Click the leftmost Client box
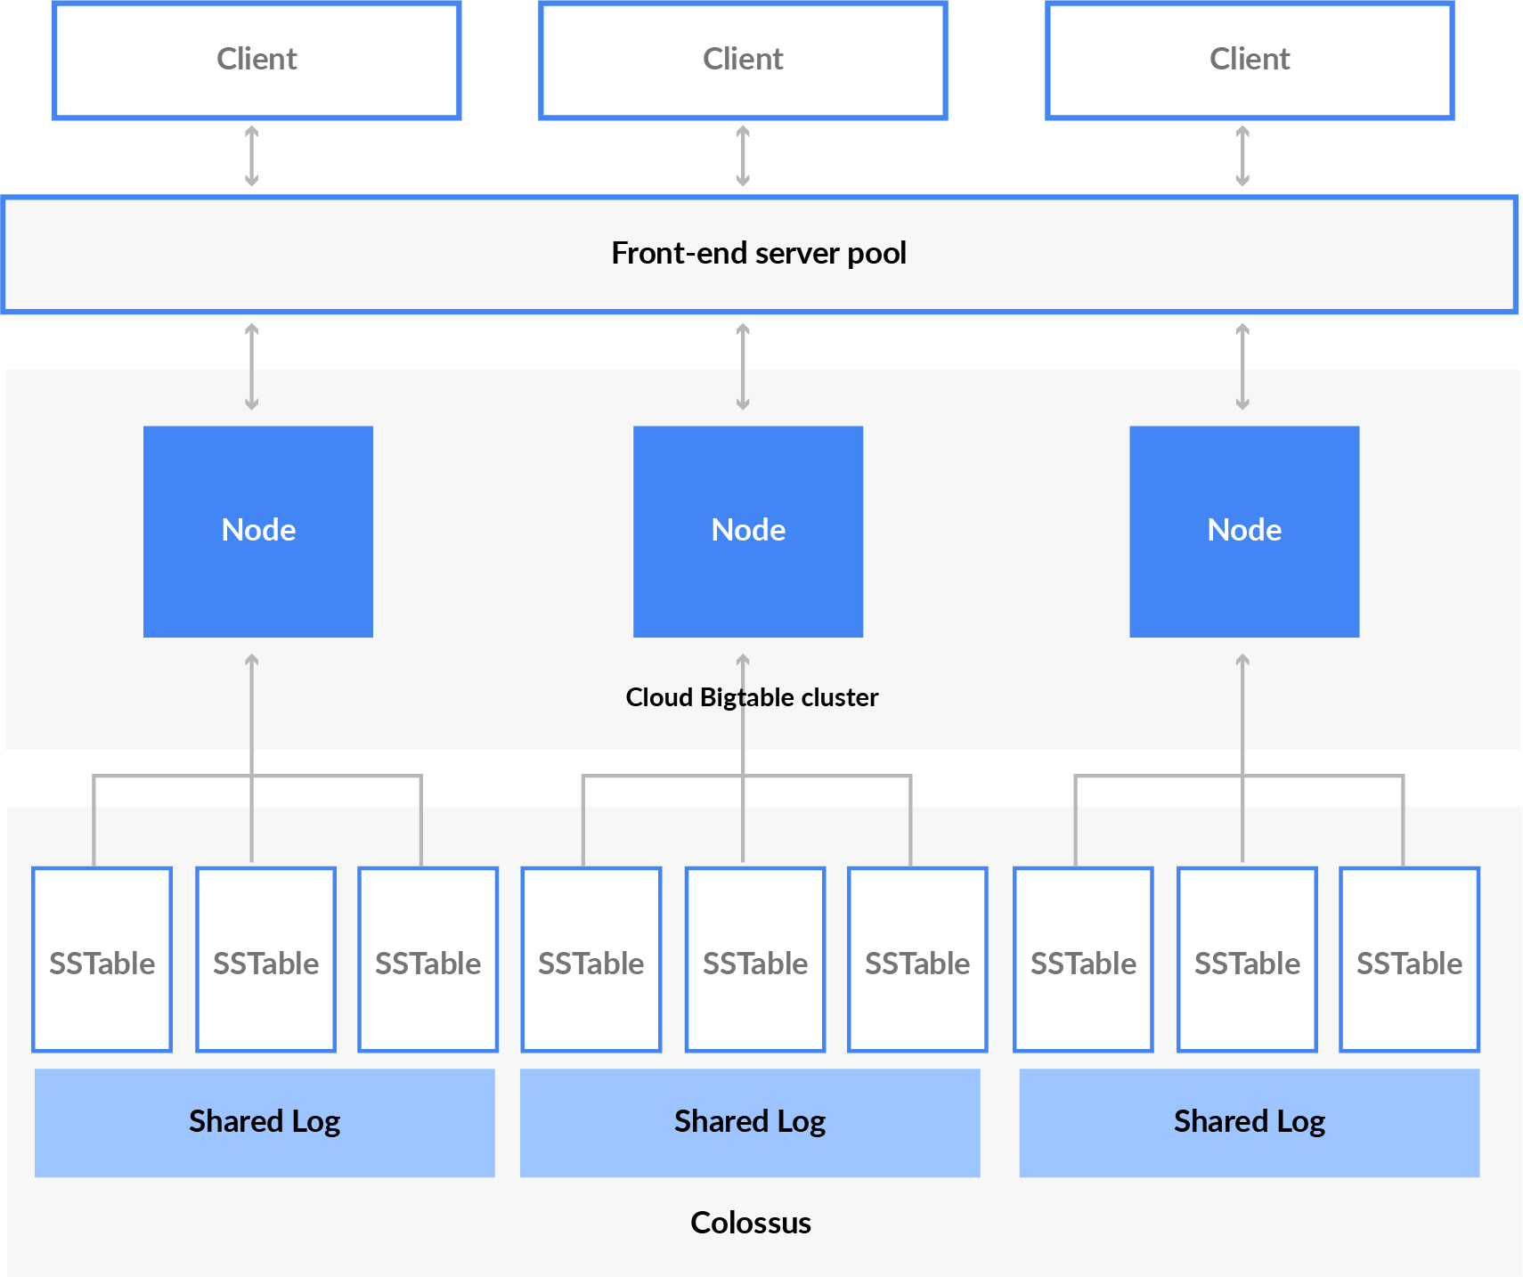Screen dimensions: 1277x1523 [x=257, y=60]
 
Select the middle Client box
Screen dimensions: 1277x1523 [x=743, y=60]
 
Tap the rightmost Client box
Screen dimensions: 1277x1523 [x=1250, y=60]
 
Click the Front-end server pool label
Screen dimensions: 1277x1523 [x=759, y=254]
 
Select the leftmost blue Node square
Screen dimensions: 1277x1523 [x=258, y=532]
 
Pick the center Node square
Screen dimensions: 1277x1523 [x=748, y=532]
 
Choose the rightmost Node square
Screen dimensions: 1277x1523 [x=1244, y=532]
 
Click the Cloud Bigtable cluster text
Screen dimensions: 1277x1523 [x=752, y=697]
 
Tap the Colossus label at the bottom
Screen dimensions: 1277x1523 [x=751, y=1223]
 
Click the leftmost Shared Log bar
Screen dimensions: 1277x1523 [x=265, y=1122]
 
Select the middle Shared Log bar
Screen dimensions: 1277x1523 [x=750, y=1122]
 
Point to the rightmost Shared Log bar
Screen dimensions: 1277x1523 [x=1250, y=1122]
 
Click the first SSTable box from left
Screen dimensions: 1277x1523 [x=102, y=960]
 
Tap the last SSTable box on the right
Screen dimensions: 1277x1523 [x=1409, y=960]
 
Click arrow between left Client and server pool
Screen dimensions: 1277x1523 [x=252, y=156]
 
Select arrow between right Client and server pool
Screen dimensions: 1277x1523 [x=1242, y=156]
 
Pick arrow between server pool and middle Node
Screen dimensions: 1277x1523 [x=743, y=366]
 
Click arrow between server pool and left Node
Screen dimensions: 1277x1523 [x=252, y=366]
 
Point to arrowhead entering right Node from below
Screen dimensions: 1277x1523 [x=1242, y=661]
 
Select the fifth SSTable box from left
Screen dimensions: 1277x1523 [x=755, y=960]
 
